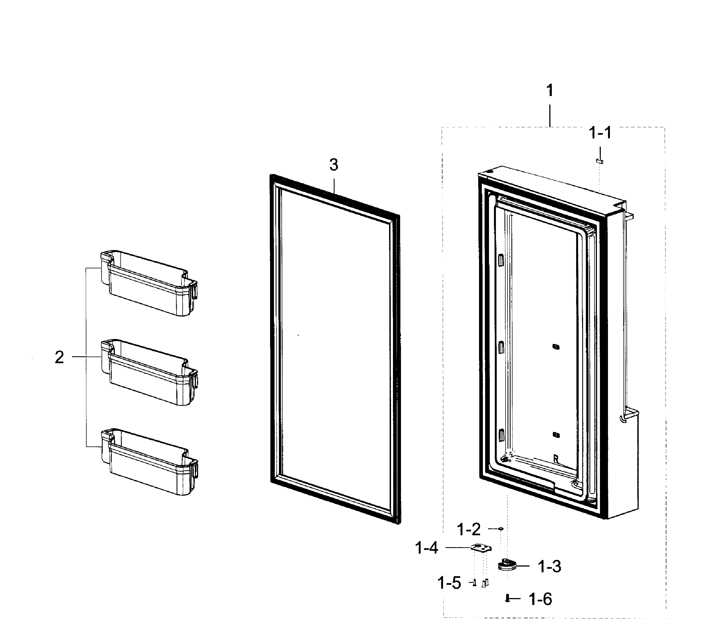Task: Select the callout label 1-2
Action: pos(469,529)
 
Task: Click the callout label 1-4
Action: pos(427,548)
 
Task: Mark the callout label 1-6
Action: pos(540,599)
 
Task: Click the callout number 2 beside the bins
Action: pos(59,357)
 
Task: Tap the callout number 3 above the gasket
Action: pos(334,164)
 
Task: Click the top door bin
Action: pos(149,283)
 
